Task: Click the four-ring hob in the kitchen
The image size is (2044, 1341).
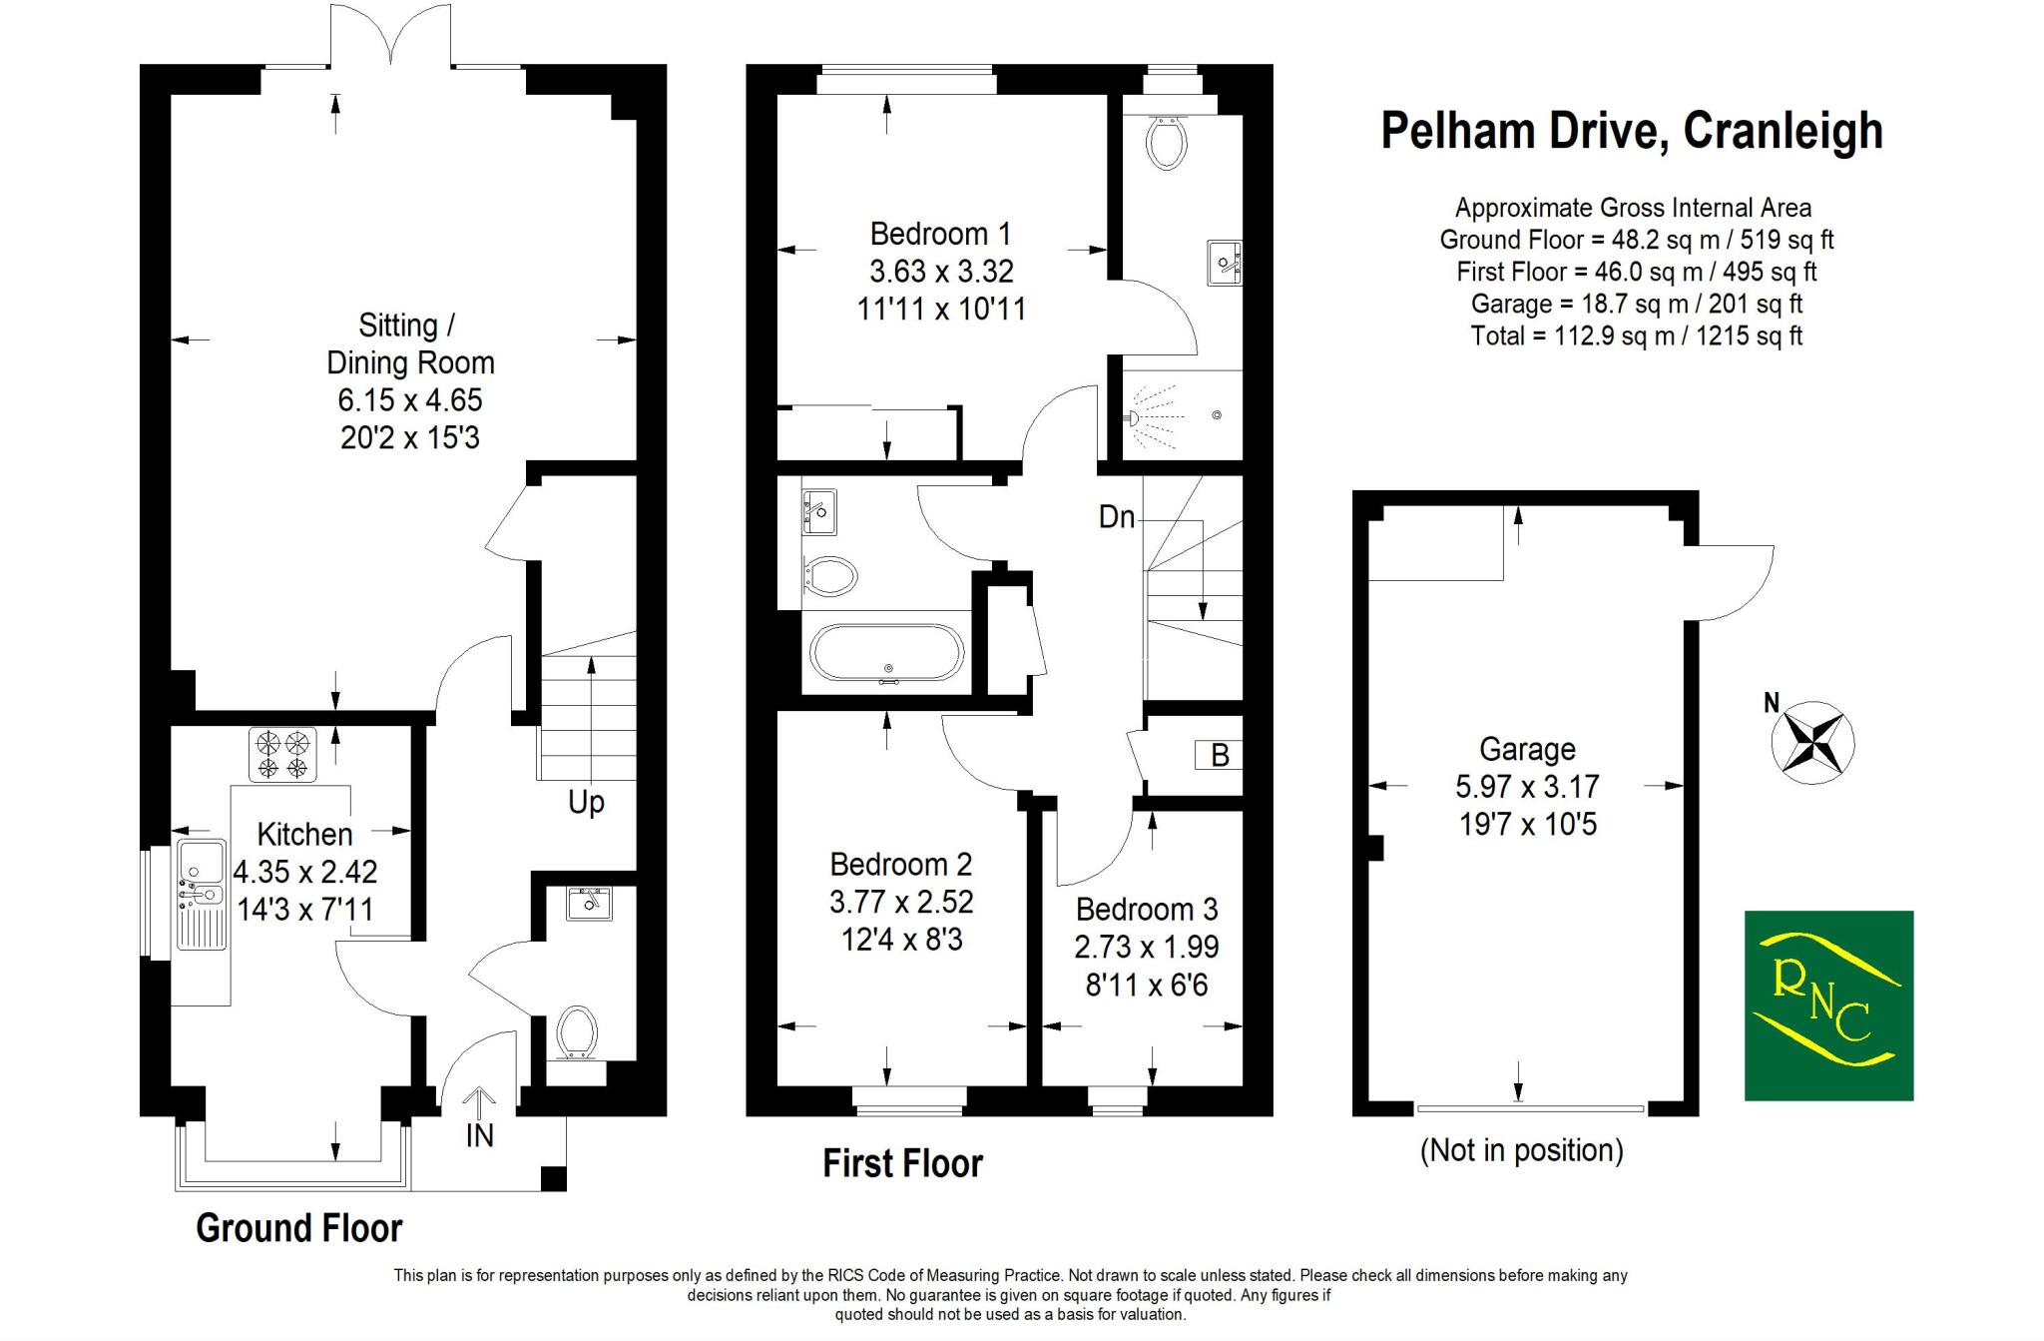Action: point(282,755)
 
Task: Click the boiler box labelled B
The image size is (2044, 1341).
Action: point(1219,756)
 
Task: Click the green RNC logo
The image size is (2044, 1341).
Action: point(1828,1006)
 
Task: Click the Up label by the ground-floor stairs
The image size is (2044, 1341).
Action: point(586,803)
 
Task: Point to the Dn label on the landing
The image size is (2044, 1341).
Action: point(1116,517)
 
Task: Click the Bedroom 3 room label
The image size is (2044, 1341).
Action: point(1147,910)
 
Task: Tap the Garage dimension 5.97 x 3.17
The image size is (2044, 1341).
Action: point(1527,787)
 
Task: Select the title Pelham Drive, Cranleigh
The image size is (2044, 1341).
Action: point(1631,131)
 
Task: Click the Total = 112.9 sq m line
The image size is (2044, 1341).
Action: point(1636,335)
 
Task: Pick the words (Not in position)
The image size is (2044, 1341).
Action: point(1521,1150)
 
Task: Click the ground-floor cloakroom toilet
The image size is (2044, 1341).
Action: point(577,1031)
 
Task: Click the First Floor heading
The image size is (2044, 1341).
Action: point(902,1164)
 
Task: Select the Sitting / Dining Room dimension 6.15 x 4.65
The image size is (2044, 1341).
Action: point(410,400)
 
